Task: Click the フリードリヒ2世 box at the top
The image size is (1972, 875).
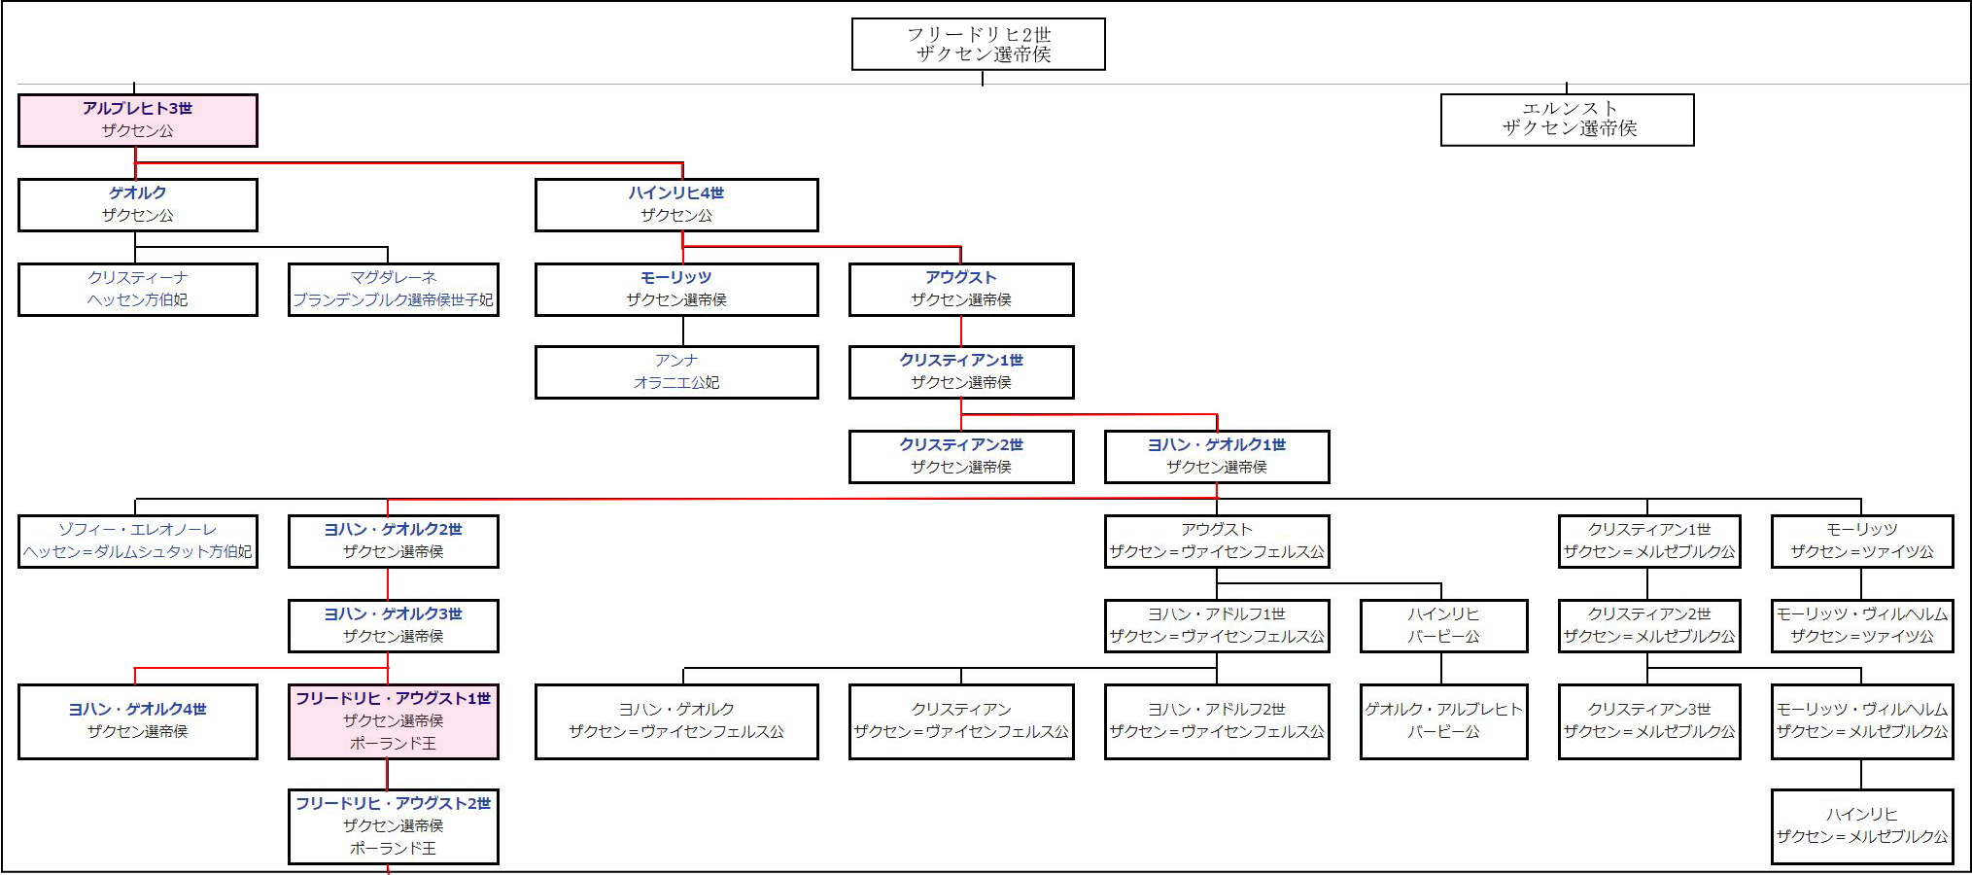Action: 978,44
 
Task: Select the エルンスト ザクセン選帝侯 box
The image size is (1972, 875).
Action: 1567,120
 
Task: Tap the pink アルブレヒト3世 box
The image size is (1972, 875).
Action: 137,120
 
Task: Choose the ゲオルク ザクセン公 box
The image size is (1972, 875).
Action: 137,204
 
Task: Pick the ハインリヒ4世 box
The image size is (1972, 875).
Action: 675,204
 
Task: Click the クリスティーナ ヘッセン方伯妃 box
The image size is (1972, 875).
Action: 137,289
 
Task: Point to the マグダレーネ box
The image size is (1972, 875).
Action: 393,289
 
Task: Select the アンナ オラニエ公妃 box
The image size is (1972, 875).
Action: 675,371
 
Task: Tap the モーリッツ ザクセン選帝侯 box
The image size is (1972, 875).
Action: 675,289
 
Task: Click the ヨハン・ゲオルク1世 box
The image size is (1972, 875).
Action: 1216,456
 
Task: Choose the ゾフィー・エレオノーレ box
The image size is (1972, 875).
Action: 137,541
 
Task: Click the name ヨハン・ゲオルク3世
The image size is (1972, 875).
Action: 393,613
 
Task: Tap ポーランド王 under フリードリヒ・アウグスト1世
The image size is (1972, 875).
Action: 393,744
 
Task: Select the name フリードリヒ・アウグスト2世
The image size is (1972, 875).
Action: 393,803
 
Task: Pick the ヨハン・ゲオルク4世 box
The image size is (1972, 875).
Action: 137,720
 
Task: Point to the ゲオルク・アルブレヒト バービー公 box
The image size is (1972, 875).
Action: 1443,720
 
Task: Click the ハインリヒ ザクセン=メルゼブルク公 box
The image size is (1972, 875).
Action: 1861,825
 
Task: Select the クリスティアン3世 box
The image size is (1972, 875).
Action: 1648,720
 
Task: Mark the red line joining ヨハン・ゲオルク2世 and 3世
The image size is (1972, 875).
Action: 388,583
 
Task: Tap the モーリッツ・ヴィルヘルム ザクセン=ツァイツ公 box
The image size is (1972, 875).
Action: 1861,625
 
